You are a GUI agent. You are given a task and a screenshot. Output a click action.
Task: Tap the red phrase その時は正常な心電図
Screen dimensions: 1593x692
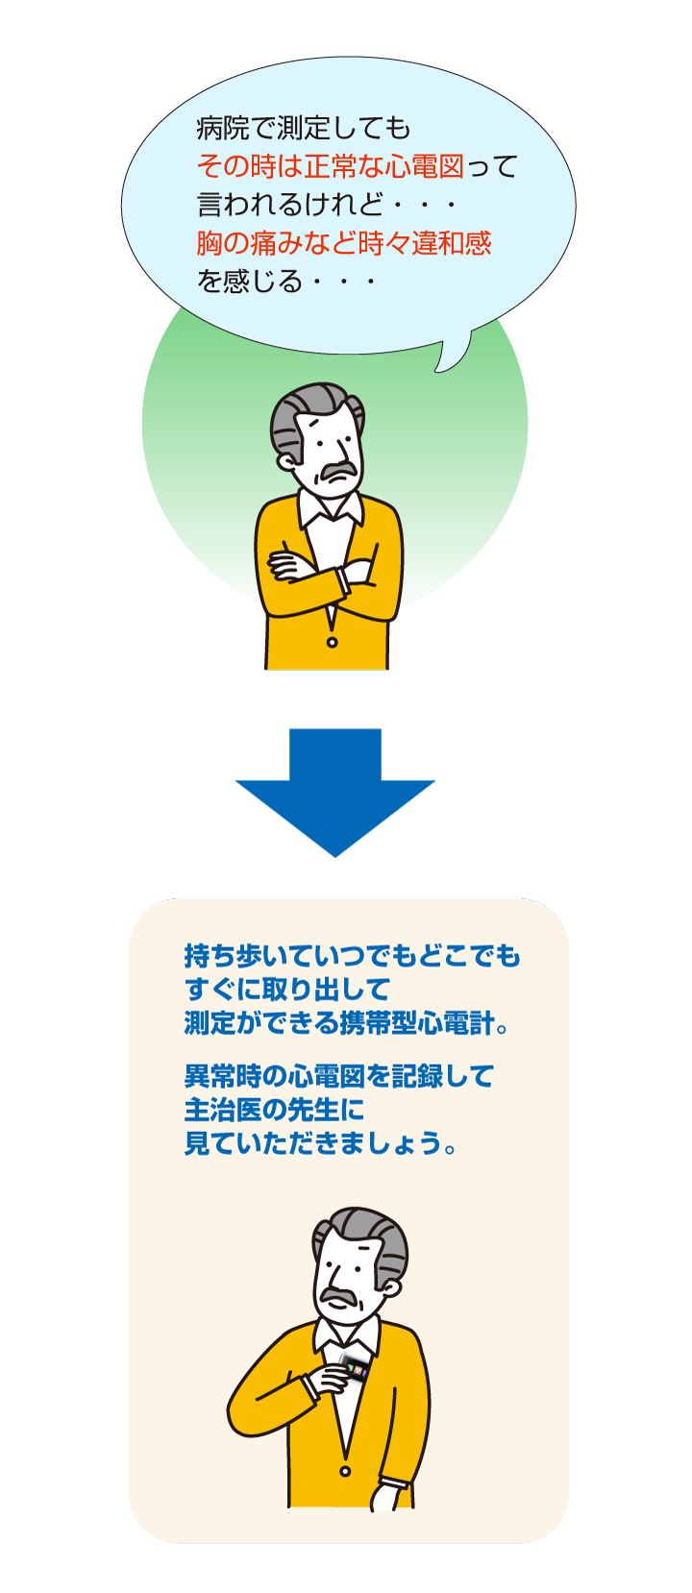pos(330,167)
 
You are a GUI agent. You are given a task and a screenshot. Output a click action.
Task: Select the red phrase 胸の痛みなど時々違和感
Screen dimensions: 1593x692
pos(343,243)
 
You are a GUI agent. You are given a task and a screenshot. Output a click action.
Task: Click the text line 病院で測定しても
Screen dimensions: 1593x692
pos(303,128)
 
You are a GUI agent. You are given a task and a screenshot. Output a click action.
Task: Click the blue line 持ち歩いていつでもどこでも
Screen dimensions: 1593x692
pos(352,956)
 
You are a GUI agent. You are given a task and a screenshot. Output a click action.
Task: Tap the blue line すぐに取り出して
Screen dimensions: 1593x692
pos(286,989)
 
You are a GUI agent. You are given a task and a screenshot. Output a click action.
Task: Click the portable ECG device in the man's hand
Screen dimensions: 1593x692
pos(357,1370)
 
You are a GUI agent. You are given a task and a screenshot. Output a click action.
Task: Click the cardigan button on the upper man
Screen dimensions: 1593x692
pos(332,641)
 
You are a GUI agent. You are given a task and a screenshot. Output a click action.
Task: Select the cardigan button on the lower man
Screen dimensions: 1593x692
pos(345,1471)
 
